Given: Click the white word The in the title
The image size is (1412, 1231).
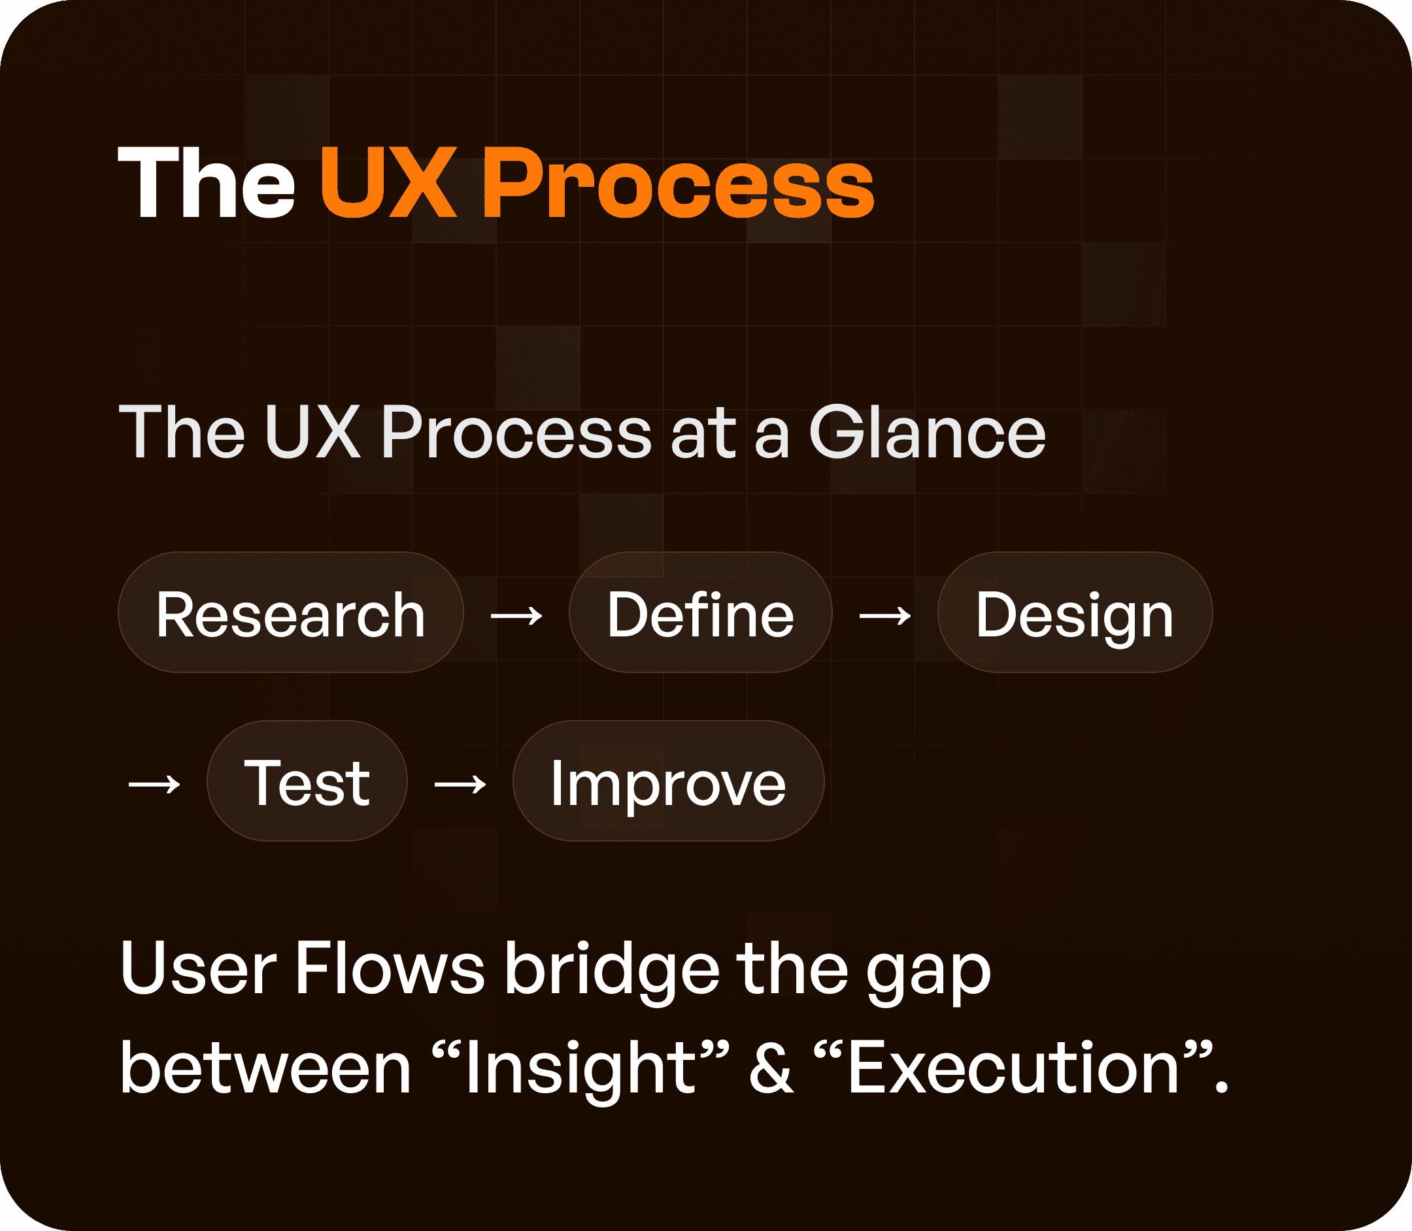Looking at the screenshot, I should (206, 184).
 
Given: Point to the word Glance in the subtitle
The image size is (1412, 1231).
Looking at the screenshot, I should (927, 433).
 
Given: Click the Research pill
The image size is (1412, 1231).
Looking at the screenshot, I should (291, 613).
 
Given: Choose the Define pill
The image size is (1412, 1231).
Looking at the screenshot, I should (700, 613).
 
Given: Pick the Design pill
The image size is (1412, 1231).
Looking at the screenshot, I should (1075, 613).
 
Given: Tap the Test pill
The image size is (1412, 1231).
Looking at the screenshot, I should (307, 781).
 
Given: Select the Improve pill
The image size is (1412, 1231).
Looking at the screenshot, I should (668, 781).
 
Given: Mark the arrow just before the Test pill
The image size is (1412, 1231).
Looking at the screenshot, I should (154, 783).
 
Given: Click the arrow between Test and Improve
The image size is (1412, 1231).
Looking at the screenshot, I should (460, 783).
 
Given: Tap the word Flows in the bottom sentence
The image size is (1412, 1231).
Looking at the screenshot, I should (390, 968).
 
